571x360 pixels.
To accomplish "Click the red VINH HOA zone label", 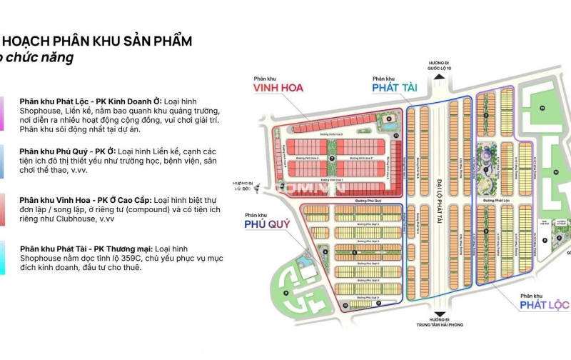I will (x=277, y=88).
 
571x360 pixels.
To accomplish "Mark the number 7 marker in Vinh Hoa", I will (x=331, y=157).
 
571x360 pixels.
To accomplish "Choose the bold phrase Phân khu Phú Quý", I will (x=54, y=151).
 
